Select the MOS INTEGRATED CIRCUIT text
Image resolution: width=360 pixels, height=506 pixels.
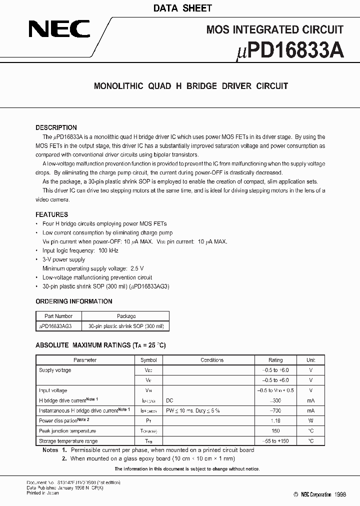click(274, 29)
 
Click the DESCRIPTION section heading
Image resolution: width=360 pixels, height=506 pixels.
click(56, 127)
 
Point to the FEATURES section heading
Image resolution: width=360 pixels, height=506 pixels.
click(51, 214)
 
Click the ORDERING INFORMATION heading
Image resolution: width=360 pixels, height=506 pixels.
click(73, 301)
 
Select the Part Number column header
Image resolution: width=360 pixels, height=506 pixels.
click(58, 316)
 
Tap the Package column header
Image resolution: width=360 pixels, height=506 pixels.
click(126, 316)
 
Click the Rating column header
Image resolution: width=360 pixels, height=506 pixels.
click(275, 360)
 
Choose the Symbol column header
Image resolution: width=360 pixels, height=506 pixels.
click(148, 360)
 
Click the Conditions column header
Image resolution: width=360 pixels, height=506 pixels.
click(212, 360)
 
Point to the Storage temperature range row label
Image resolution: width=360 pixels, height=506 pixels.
click(68, 441)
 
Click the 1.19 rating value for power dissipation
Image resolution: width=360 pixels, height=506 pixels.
click(275, 421)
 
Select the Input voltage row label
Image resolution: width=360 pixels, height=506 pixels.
click(52, 390)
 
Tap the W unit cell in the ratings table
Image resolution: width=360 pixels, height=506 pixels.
click(310, 421)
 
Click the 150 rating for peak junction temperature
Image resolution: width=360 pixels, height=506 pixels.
click(275, 431)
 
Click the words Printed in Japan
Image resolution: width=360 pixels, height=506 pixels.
click(42, 493)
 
